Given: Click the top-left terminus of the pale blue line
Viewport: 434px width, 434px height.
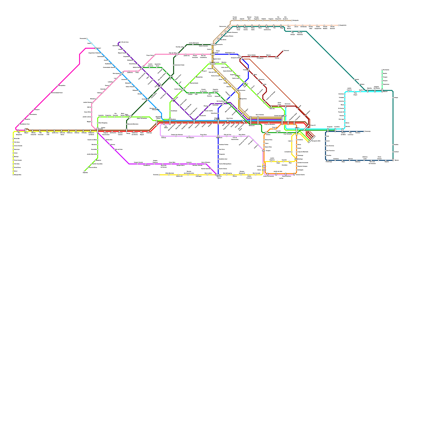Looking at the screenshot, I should [x=87, y=39].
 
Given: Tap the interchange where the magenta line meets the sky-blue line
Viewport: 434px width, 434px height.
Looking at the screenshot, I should [x=96, y=48].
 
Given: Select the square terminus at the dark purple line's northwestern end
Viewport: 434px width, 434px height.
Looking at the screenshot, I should [x=120, y=42].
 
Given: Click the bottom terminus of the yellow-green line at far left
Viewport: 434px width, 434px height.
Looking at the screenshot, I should [x=13, y=175].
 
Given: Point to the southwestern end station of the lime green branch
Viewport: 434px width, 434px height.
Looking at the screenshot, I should [x=84, y=171].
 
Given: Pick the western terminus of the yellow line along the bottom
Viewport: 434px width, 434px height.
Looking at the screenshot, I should [x=159, y=175].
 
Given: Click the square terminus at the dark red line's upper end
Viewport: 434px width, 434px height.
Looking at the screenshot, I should [x=283, y=50].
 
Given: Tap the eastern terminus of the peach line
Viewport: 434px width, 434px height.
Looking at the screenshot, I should [x=339, y=25].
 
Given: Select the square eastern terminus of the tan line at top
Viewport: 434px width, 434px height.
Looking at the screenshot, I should [x=292, y=20].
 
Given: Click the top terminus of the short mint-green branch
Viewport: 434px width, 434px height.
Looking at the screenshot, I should [x=382, y=70].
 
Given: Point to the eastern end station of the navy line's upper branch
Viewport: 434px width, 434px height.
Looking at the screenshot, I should [x=364, y=131].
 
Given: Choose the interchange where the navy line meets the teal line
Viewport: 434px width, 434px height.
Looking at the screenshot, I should [x=393, y=160].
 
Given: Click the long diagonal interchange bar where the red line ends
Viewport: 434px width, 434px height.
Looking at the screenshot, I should [x=311, y=139].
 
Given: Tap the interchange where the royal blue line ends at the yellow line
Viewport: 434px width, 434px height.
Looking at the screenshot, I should [x=218, y=175].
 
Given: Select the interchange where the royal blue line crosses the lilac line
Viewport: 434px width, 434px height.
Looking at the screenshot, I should [x=218, y=136].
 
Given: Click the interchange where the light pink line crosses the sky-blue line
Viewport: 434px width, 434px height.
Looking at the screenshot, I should [x=122, y=74].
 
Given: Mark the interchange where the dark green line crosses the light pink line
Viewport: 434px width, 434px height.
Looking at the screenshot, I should [x=177, y=55].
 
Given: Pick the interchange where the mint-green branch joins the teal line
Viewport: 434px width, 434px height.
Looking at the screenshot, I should [x=382, y=91].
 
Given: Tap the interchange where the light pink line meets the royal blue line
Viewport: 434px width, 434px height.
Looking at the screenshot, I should [x=213, y=54].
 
